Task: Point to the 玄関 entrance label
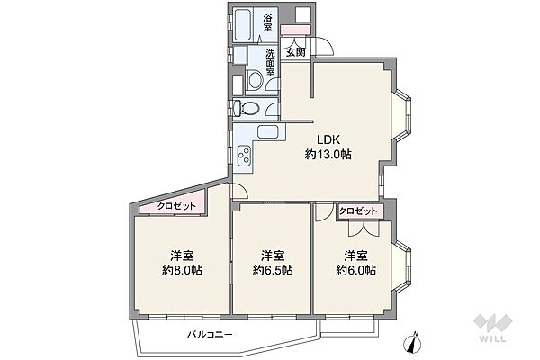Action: (x=296, y=53)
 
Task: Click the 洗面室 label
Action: (x=270, y=63)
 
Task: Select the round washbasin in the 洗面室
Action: (x=256, y=80)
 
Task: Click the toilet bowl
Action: (x=248, y=108)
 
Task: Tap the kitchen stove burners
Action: (x=245, y=156)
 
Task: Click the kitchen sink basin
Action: (x=270, y=131)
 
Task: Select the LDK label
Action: (x=328, y=139)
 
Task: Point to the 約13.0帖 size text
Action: (x=328, y=154)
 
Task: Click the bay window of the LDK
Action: (x=401, y=116)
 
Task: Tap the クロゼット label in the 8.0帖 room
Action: (x=176, y=206)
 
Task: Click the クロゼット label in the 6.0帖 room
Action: (x=358, y=211)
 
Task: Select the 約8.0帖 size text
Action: (x=182, y=270)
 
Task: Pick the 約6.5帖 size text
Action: (x=273, y=270)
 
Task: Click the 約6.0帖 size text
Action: (x=355, y=270)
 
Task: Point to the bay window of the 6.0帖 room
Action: (x=401, y=266)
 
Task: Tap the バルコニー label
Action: (x=210, y=334)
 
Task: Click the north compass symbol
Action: (x=412, y=342)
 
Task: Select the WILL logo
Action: (x=493, y=328)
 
